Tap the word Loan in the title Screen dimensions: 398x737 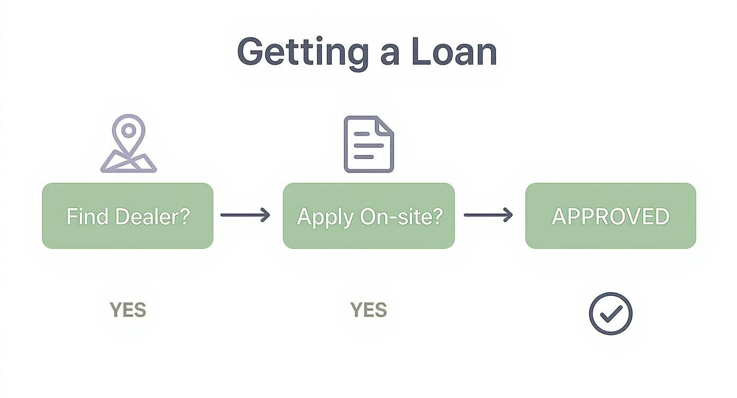pyautogui.click(x=454, y=52)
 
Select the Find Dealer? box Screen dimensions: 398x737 pyautogui.click(x=128, y=216)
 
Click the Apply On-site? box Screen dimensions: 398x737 pyautogui.click(x=369, y=216)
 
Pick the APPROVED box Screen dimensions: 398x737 pyautogui.click(x=610, y=216)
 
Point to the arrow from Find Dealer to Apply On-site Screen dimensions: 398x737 pyautogui.click(x=245, y=215)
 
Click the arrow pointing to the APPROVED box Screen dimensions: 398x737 pyautogui.click(x=488, y=215)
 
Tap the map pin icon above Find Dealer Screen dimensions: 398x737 pyautogui.click(x=129, y=144)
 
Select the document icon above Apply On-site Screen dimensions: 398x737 pyautogui.click(x=369, y=144)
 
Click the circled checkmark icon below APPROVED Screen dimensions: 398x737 pyautogui.click(x=610, y=313)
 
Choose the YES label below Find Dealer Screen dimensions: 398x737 pyautogui.click(x=128, y=310)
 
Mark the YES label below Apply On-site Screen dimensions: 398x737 pyautogui.click(x=368, y=310)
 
